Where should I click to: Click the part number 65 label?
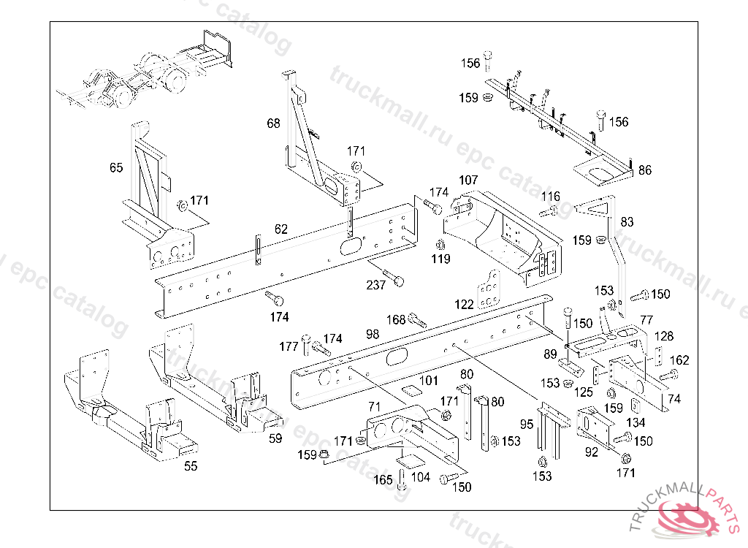(x=116, y=167)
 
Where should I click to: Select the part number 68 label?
(x=273, y=123)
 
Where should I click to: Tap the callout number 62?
(x=281, y=229)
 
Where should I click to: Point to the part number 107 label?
(x=468, y=180)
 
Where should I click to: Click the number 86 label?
(x=644, y=170)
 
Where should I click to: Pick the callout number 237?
(x=375, y=285)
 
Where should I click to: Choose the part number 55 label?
(x=191, y=465)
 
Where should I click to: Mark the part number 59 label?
(x=275, y=439)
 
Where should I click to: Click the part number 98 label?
(x=373, y=334)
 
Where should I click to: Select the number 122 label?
(x=465, y=305)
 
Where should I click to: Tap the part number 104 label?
(x=421, y=476)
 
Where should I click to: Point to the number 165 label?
(x=383, y=479)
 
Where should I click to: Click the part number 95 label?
(x=527, y=424)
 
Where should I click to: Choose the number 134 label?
(x=636, y=422)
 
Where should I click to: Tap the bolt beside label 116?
(x=550, y=212)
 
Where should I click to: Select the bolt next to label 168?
(x=418, y=319)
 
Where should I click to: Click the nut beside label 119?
(x=440, y=244)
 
